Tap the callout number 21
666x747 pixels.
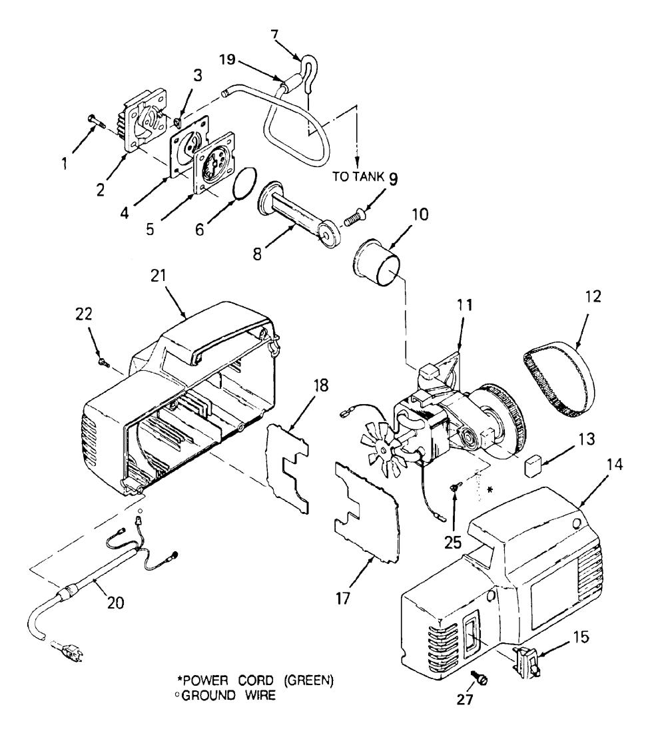pos(158,276)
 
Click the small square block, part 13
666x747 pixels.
pos(533,464)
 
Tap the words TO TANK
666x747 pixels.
pos(358,176)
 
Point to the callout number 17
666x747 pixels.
pos(343,598)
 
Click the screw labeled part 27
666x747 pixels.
pos(480,678)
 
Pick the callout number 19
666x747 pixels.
pos(227,59)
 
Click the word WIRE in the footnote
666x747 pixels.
pos(260,695)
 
